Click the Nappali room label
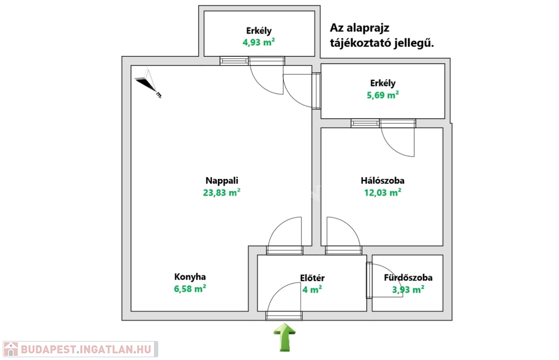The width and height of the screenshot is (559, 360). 222,181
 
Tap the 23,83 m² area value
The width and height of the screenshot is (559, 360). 222,192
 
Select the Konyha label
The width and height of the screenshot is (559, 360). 190,277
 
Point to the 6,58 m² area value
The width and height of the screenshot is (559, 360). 190,289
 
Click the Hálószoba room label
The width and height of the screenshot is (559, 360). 383,181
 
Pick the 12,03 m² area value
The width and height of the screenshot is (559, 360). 383,192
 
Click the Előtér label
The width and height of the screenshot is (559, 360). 313,278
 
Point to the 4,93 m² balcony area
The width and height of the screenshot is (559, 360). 258,43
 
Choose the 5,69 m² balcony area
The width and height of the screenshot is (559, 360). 383,95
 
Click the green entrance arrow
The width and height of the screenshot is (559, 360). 284,337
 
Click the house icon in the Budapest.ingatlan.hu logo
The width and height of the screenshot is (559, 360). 10,349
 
